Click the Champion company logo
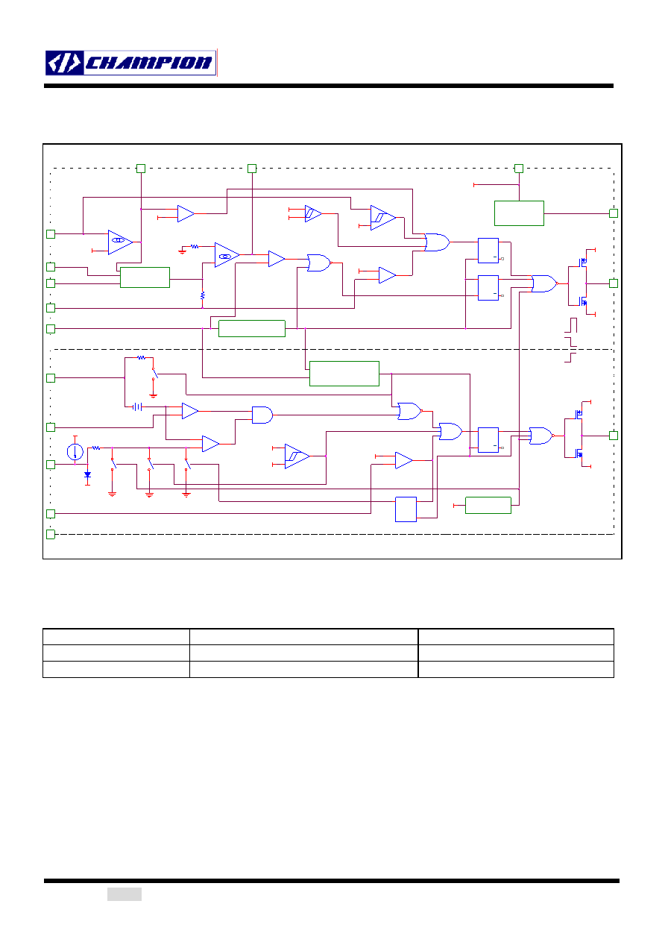[130, 63]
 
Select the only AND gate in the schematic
[262, 415]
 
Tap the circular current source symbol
[75, 452]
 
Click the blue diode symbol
[87, 475]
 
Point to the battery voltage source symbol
[137, 406]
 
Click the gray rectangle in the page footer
[125, 894]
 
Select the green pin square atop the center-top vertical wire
[252, 169]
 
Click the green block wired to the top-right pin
[519, 213]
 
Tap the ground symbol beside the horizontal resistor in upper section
[182, 251]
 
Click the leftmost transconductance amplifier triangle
[120, 242]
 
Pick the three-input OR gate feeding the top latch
[437, 242]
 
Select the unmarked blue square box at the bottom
[406, 509]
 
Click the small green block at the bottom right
[488, 505]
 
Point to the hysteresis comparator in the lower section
[297, 456]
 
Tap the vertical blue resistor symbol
[202, 295]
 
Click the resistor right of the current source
[96, 448]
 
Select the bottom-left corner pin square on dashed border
[51, 535]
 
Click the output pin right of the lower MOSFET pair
[614, 436]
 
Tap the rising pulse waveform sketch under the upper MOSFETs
[571, 325]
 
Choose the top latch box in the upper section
[488, 251]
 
